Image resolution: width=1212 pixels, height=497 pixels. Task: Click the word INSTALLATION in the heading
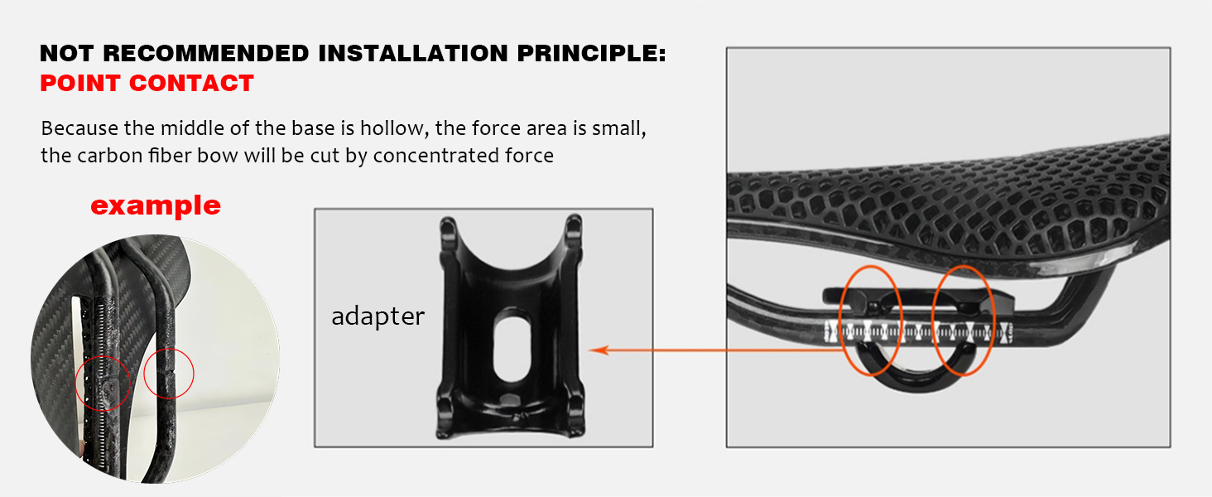[413, 54]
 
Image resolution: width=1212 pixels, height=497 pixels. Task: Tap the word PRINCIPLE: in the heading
[591, 54]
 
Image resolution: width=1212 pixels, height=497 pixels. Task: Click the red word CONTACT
[191, 84]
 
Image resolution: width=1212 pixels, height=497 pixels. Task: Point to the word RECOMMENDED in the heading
[205, 54]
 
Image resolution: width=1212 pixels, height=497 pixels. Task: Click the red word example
[156, 206]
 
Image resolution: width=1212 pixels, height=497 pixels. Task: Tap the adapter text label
[378, 316]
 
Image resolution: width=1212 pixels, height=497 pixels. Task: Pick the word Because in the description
[79, 128]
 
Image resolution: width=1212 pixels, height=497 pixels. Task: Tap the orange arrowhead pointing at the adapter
[599, 350]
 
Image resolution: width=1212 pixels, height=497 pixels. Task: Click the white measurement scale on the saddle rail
[917, 331]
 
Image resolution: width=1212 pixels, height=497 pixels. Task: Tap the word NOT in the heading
[66, 54]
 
